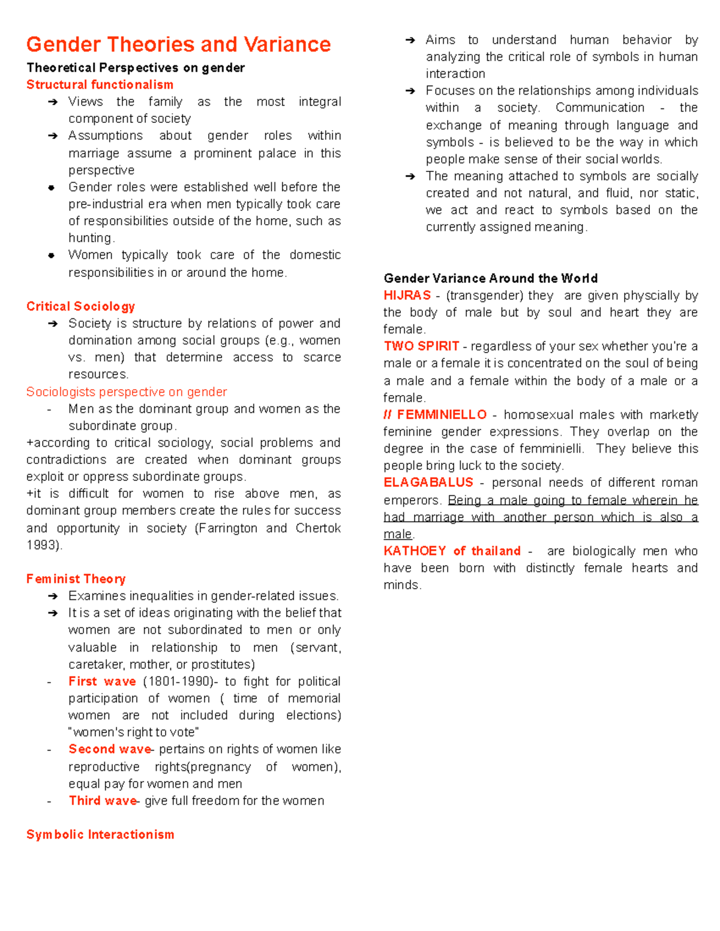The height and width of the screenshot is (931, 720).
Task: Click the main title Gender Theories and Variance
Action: [x=178, y=44]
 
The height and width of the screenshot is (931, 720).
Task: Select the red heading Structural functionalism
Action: [x=100, y=85]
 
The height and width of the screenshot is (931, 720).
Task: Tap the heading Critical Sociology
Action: [x=80, y=306]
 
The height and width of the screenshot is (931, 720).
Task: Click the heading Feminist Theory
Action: [x=76, y=579]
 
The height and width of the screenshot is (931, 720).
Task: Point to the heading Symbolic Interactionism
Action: [x=100, y=834]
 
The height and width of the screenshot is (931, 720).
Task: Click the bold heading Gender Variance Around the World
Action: [x=490, y=278]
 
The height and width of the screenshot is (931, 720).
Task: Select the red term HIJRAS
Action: [x=407, y=296]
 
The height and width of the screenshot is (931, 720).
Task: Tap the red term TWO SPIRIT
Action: [x=421, y=346]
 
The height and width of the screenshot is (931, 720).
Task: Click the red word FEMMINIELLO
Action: [x=442, y=415]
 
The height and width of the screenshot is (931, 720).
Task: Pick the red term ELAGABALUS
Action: [x=428, y=483]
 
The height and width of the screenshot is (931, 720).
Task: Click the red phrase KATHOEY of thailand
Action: [x=452, y=551]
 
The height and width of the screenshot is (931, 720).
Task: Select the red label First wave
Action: [x=102, y=682]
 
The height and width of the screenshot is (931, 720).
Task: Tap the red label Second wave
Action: [x=110, y=749]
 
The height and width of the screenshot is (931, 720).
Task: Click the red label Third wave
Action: [x=103, y=801]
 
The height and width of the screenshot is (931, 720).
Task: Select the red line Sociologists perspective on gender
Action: [x=127, y=392]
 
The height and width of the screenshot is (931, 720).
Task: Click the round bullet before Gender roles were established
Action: [x=52, y=188]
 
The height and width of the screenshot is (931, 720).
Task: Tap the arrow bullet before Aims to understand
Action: [x=410, y=40]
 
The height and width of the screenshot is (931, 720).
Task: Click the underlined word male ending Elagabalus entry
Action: [x=398, y=534]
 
